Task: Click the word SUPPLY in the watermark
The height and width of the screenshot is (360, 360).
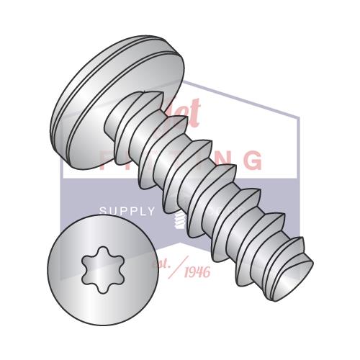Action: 127,211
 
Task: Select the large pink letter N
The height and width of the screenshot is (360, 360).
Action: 218,159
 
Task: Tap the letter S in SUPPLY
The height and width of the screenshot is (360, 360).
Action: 103,211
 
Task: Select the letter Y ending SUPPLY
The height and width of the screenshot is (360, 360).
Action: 150,211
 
